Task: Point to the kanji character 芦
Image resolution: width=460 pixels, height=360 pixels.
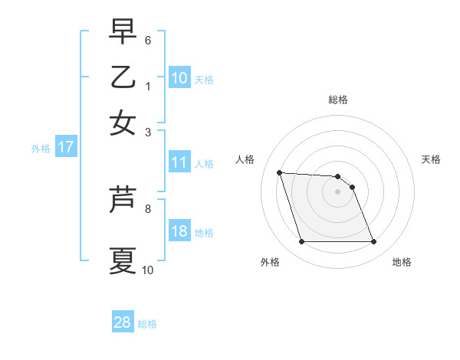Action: coord(123,199)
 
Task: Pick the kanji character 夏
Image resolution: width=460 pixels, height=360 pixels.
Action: coord(123,260)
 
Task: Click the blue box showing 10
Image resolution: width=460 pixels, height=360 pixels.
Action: coord(179,77)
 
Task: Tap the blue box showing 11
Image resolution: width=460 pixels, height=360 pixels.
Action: coord(179,162)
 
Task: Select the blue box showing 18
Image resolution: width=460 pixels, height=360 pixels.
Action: coord(179,232)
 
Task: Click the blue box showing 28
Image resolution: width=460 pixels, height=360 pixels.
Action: coord(122,322)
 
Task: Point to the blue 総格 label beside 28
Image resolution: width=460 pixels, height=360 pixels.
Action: coord(147,324)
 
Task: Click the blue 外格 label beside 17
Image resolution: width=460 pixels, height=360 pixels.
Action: coord(41,149)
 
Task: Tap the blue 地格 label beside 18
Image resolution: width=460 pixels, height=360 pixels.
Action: coord(204,233)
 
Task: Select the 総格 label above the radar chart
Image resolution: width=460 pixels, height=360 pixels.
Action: coord(337,100)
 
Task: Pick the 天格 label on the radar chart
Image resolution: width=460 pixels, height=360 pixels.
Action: coord(431,159)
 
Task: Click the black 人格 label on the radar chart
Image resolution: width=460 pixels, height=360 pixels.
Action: coord(245,159)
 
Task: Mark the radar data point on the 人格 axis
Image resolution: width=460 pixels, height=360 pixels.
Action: coord(280,173)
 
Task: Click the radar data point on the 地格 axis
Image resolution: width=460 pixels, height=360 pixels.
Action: coord(373,242)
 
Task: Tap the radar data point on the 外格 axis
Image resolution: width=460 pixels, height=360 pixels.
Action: coord(301,242)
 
